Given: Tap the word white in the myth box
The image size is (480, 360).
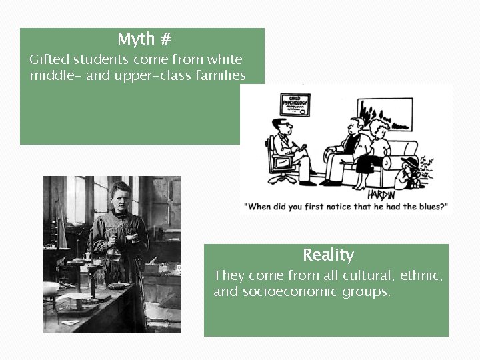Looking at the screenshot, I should [224, 60].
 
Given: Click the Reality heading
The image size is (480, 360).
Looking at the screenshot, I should [328, 255].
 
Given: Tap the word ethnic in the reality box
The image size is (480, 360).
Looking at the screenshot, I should [425, 275].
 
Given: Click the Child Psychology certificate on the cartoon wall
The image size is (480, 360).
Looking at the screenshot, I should [295, 105].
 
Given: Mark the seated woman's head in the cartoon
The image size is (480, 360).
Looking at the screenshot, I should [379, 128].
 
